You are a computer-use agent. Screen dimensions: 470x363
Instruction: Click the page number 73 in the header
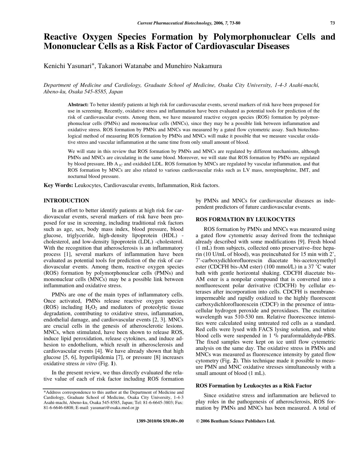click(333, 23)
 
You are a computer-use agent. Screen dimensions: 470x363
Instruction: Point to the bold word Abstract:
click(78, 105)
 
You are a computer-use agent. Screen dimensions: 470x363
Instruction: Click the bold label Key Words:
click(58, 185)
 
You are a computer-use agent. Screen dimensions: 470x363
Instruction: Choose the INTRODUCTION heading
click(66, 201)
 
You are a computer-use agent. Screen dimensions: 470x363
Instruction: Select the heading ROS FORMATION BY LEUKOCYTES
click(245, 219)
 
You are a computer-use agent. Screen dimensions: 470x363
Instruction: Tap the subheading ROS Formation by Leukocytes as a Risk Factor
click(254, 386)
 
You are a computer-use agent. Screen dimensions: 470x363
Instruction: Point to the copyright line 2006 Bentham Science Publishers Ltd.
click(237, 421)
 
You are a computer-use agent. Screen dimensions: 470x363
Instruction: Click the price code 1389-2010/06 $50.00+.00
click(160, 421)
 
